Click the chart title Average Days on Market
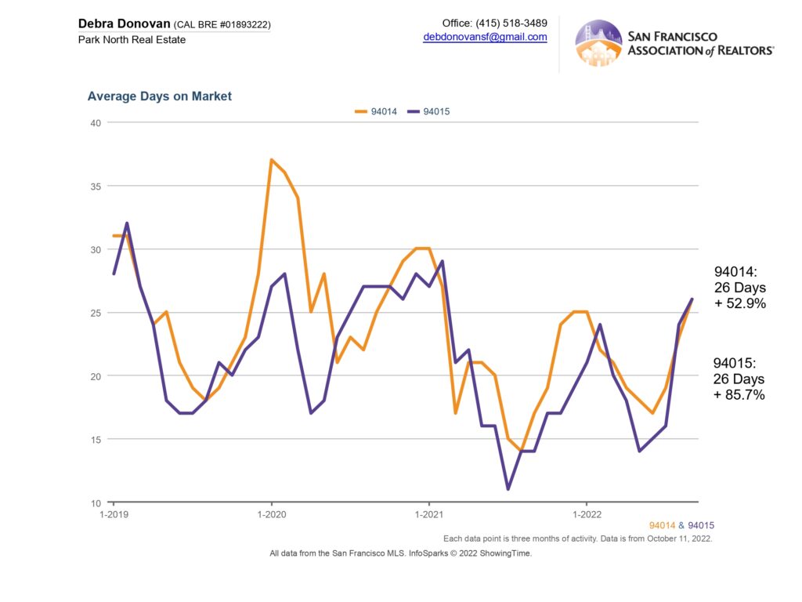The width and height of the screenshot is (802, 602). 160,96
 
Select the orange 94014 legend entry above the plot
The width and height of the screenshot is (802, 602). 376,111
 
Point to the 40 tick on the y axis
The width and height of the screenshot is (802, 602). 96,122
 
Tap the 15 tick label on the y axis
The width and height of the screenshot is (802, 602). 96,439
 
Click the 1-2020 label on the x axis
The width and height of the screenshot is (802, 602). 271,515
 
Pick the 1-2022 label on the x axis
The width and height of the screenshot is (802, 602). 587,515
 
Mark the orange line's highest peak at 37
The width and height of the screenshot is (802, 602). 271,160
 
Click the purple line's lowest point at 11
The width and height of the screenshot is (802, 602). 508,489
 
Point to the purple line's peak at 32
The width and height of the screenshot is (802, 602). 127,223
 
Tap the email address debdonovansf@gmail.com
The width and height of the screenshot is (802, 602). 485,37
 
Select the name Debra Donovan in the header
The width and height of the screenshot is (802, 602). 124,24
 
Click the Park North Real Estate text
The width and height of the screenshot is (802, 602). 132,39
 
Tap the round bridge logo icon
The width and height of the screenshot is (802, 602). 598,43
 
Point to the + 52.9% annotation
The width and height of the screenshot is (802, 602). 739,303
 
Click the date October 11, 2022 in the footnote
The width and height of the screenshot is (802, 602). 678,539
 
